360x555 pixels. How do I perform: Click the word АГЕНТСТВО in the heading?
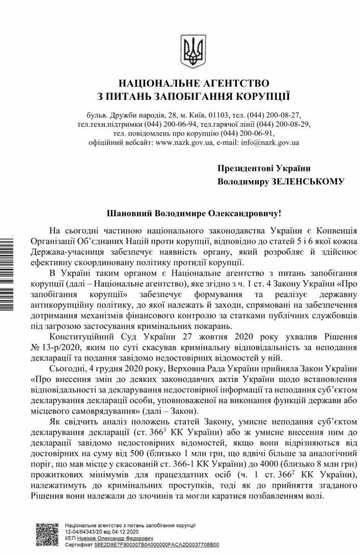pos(231,83)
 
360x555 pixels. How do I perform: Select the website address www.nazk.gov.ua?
pos(184,142)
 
